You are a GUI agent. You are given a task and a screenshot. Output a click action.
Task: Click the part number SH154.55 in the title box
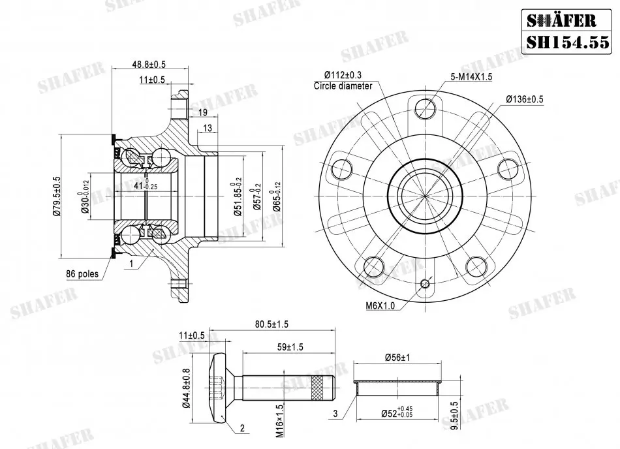(567, 42)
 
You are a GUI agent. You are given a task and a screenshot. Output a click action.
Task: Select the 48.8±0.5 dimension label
(149, 64)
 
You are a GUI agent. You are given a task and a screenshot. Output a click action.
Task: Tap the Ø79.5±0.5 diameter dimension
(56, 196)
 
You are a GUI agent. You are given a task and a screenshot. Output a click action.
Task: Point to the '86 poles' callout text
(82, 274)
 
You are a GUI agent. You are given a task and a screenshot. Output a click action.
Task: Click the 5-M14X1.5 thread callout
(471, 76)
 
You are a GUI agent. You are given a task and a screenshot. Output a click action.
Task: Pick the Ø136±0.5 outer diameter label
(524, 99)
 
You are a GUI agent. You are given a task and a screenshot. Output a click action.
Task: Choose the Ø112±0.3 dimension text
(343, 75)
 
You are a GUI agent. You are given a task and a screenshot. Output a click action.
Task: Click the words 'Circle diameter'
(343, 85)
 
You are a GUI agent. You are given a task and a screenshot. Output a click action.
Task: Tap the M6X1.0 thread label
(380, 305)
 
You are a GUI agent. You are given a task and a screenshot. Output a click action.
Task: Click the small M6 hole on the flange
(426, 283)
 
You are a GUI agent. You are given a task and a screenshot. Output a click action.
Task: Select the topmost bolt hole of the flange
(426, 108)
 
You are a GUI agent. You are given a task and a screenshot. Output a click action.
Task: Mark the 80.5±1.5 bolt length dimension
(271, 324)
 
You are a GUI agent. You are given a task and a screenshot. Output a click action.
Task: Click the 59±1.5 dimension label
(290, 347)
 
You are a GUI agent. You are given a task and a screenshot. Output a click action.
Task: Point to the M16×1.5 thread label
(280, 420)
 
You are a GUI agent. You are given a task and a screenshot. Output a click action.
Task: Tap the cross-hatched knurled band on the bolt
(319, 387)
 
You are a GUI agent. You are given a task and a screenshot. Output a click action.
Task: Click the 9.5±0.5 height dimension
(455, 416)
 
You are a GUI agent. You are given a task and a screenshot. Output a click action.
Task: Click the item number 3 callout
(335, 414)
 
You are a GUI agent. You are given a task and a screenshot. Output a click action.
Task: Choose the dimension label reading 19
(202, 113)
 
